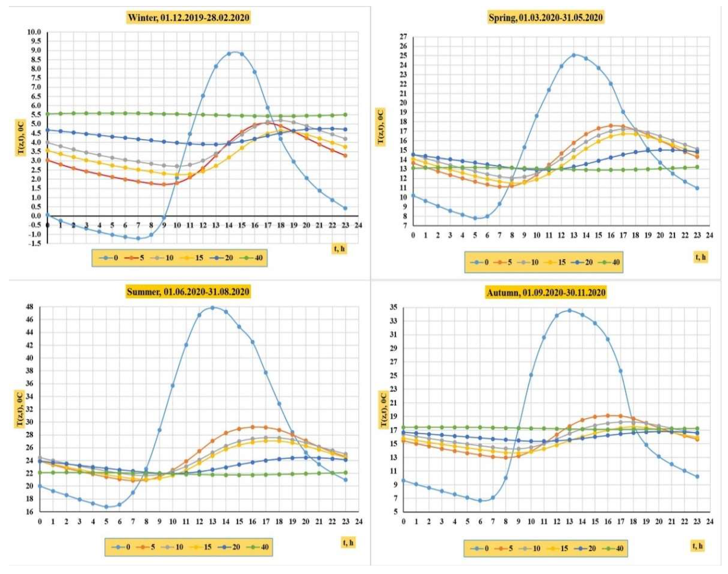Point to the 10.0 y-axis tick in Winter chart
coord(34,32)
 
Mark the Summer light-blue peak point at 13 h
coord(212,307)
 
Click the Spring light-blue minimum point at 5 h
coord(475,218)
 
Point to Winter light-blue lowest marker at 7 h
coord(138,238)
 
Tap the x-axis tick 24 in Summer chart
coord(359,521)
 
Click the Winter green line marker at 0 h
coord(48,114)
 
